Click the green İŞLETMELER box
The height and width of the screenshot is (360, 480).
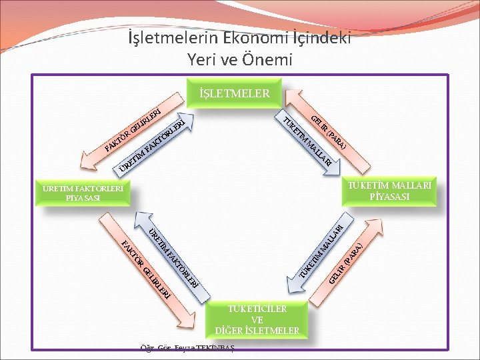pyautogui.click(x=235, y=93)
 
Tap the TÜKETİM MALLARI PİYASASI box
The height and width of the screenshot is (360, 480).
pyautogui.click(x=389, y=190)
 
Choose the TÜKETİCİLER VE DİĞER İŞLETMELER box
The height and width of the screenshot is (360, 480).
pyautogui.click(x=257, y=320)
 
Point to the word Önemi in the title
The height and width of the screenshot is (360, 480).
pyautogui.click(x=268, y=60)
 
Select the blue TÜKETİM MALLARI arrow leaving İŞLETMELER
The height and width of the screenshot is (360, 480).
pyautogui.click(x=308, y=143)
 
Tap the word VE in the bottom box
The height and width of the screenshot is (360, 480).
pyautogui.click(x=257, y=320)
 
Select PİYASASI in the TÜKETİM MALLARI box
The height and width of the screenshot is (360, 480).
pyautogui.click(x=389, y=196)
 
